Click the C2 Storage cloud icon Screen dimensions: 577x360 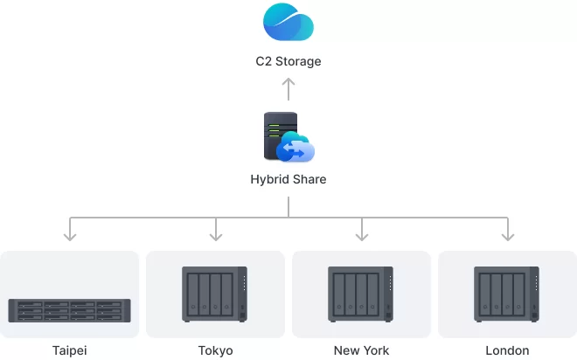(288, 22)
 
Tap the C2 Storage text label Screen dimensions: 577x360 (288, 61)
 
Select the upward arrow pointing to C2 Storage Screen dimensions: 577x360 (288, 89)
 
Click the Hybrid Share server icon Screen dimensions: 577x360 (288, 137)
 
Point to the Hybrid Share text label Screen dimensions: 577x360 (288, 179)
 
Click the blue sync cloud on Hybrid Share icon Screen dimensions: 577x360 (295, 148)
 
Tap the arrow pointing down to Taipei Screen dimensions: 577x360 (70, 229)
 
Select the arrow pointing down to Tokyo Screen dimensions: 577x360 (216, 229)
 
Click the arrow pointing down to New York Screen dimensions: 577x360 (362, 229)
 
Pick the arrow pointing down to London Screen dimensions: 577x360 (508, 229)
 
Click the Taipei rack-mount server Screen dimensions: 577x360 (70, 311)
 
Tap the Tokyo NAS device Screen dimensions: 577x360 (214, 294)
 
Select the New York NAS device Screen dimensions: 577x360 (360, 294)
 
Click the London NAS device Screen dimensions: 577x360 (507, 294)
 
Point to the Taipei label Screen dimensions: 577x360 (70, 350)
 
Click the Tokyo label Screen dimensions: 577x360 (216, 350)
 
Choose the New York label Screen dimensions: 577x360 (361, 350)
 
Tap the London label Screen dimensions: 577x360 (507, 350)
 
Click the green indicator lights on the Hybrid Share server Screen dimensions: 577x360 (274, 130)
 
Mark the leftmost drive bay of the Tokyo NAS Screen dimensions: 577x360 (193, 294)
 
